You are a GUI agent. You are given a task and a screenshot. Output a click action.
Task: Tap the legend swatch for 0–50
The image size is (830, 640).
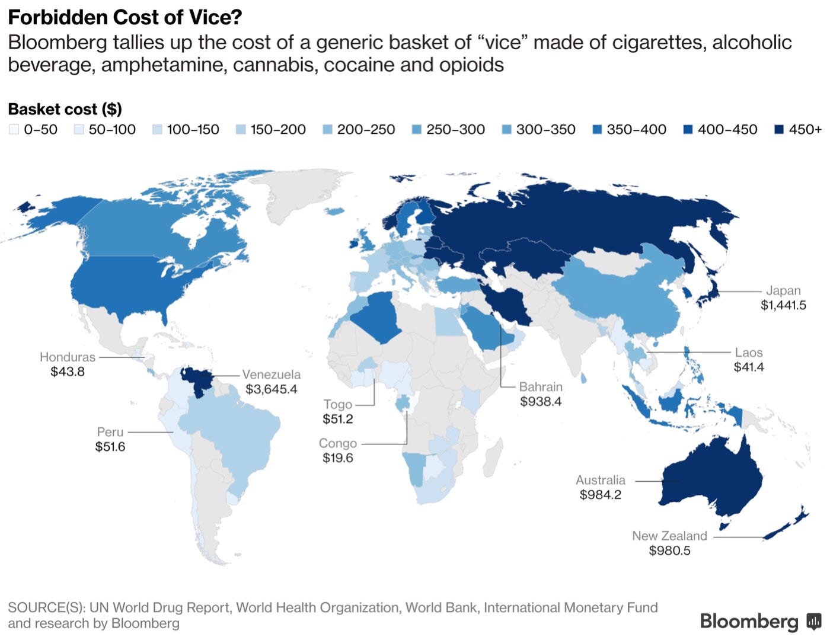coord(14,129)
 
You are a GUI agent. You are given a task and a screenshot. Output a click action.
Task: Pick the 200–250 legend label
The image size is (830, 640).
coord(366,129)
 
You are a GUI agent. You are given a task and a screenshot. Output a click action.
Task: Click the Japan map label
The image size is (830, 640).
coord(783,290)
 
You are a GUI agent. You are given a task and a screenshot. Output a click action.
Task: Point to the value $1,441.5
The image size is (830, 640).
coord(783,305)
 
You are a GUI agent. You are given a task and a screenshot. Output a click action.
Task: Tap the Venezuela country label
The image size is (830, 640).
coord(271,375)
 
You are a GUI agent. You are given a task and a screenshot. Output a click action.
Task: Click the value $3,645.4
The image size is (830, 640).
coord(271,389)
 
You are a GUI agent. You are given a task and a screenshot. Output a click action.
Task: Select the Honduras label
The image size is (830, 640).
coord(68,357)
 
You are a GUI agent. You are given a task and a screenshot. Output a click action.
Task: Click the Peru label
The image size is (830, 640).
coord(110,432)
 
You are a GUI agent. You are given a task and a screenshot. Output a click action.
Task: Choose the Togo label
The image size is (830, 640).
coord(338,404)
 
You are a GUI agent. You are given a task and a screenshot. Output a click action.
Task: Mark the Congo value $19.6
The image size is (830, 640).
coord(338,458)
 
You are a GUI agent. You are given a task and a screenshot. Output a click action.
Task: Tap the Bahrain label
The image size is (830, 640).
coord(541,386)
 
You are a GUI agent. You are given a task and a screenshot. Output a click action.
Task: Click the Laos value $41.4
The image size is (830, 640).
coord(749,367)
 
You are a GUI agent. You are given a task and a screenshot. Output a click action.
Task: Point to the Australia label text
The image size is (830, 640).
coord(601,480)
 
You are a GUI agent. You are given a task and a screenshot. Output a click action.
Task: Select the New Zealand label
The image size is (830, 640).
coord(669,536)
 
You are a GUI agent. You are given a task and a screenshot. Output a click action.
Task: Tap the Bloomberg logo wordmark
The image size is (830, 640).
coord(749,621)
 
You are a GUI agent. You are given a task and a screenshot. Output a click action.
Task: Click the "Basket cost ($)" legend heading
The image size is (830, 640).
coord(65,109)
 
